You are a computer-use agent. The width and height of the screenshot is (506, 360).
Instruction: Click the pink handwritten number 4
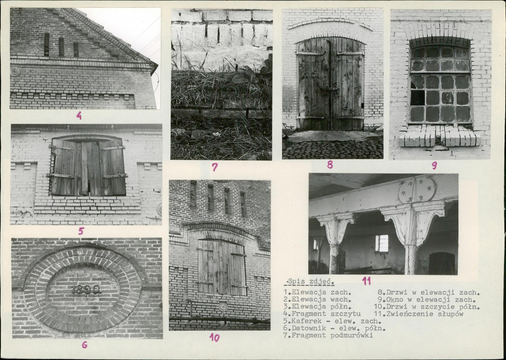pyautogui.click(x=79, y=115)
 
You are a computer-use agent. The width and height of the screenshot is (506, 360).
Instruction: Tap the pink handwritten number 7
pyautogui.click(x=215, y=167)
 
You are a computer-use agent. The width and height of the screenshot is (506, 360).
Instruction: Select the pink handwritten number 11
pyautogui.click(x=366, y=281)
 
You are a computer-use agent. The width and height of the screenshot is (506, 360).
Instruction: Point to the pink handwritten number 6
pyautogui.click(x=84, y=345)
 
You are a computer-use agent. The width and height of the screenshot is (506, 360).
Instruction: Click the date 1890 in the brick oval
pyautogui.click(x=86, y=290)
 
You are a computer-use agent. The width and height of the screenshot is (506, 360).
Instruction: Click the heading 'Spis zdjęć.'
pyautogui.click(x=309, y=282)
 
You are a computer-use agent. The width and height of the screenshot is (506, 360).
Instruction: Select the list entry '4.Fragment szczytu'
pyautogui.click(x=322, y=314)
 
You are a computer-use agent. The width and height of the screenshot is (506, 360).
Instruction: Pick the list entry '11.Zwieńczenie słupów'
pyautogui.click(x=419, y=314)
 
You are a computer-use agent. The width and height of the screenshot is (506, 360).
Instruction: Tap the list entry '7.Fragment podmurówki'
pyautogui.click(x=328, y=336)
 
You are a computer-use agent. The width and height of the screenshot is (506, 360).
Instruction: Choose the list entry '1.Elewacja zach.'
pyautogui.click(x=317, y=292)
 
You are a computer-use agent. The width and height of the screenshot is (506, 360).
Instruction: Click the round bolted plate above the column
pyautogui.click(x=417, y=189)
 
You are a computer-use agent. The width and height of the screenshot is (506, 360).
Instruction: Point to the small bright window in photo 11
pyautogui.click(x=382, y=243)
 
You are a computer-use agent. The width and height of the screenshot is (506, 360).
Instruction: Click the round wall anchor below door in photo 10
pyautogui.click(x=223, y=306)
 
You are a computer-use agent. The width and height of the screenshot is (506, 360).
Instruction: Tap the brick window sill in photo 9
pyautogui.click(x=440, y=137)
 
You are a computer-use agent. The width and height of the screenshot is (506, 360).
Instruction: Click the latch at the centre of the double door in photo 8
pyautogui.click(x=330, y=89)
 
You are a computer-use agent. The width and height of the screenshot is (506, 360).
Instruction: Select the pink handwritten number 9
pyautogui.click(x=434, y=165)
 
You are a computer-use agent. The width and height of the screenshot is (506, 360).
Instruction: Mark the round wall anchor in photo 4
pyautogui.click(x=15, y=71)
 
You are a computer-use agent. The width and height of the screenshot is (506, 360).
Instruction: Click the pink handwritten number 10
pyautogui.click(x=214, y=337)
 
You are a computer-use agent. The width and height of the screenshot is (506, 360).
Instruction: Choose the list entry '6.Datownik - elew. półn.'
pyautogui.click(x=334, y=328)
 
